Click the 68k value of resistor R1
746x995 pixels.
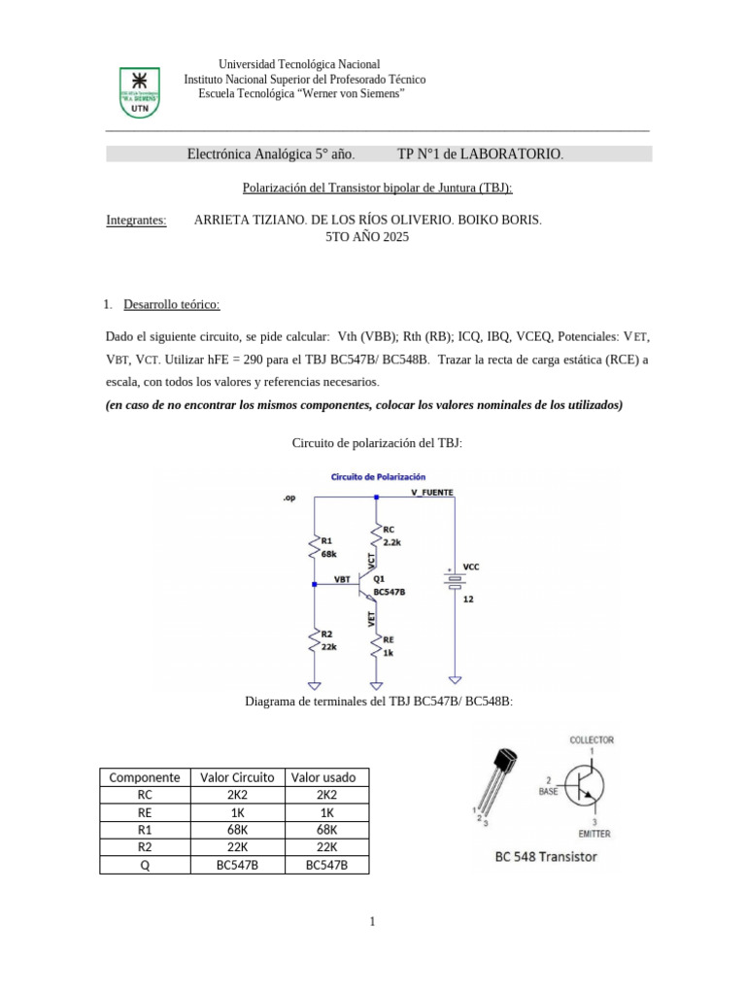[x=328, y=553]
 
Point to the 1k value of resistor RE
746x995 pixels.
[x=389, y=653]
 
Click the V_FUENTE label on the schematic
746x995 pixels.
[x=431, y=493]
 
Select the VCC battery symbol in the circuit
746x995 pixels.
[x=453, y=580]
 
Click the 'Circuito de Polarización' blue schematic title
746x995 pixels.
[x=378, y=478]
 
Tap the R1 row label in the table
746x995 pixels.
[x=145, y=830]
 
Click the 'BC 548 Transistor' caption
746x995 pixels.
[x=546, y=856]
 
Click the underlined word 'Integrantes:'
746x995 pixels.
[x=136, y=221]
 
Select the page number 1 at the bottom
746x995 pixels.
[x=373, y=921]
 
